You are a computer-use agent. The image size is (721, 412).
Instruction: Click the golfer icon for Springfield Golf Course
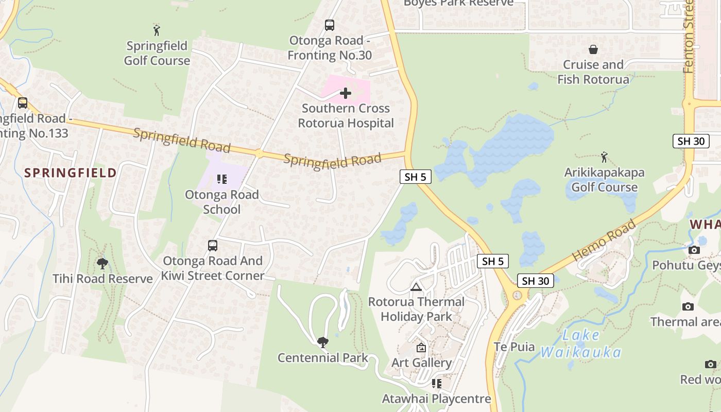click(157, 29)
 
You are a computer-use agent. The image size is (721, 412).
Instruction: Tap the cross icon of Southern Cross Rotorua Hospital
click(346, 93)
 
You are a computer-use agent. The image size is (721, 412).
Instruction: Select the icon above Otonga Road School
click(222, 179)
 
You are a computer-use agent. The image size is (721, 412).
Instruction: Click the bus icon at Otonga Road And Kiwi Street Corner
click(213, 246)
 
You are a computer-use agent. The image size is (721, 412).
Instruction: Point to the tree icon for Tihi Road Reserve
click(102, 264)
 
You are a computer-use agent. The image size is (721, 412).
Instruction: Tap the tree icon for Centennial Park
click(323, 342)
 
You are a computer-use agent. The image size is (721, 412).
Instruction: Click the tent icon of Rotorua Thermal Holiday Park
click(416, 287)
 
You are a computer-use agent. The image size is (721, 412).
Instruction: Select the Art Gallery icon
click(421, 348)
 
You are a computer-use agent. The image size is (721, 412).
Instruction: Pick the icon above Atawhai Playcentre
click(437, 384)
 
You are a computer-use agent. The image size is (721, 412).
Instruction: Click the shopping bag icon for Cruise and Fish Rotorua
click(593, 49)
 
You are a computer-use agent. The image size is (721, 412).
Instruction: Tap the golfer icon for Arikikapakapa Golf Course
click(604, 157)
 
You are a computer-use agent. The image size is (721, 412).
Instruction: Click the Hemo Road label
click(604, 239)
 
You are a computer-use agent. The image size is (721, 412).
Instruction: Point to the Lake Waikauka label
click(581, 344)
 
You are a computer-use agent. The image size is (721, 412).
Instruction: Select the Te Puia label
click(514, 347)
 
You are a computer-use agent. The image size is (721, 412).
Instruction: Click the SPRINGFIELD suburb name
click(71, 173)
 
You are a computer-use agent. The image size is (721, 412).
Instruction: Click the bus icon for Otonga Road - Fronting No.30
click(329, 25)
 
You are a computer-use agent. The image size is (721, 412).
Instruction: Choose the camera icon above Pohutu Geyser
click(694, 250)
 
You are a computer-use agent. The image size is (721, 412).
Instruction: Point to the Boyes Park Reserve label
click(458, 3)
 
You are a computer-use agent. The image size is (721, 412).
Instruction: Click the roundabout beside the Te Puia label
click(517, 296)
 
